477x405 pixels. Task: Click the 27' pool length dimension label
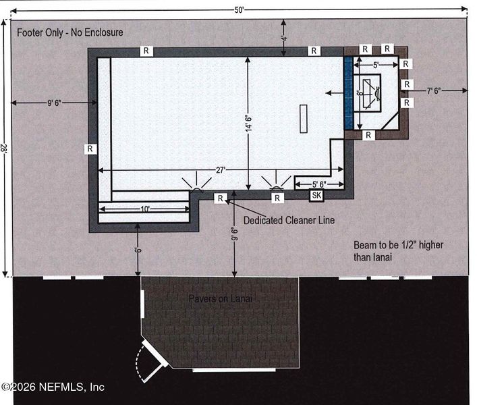pyautogui.click(x=221, y=171)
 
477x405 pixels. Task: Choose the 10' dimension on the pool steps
pyautogui.click(x=146, y=209)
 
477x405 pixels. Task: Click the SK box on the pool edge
pyautogui.click(x=316, y=196)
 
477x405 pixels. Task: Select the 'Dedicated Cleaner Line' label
pyautogui.click(x=289, y=220)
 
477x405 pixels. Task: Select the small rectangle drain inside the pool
pyautogui.click(x=304, y=119)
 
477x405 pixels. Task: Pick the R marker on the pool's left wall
pyautogui.click(x=90, y=148)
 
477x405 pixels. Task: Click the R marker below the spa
pyautogui.click(x=368, y=135)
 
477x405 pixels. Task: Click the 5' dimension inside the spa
pyautogui.click(x=376, y=65)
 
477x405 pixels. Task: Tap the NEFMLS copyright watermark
pyautogui.click(x=53, y=387)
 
